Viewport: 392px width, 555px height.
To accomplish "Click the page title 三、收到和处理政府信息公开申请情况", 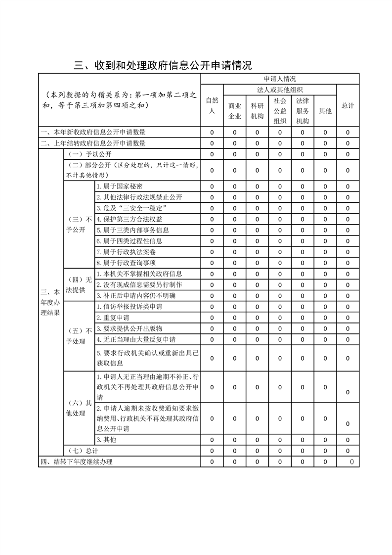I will (x=163, y=66).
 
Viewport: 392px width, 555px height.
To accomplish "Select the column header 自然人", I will (x=212, y=105).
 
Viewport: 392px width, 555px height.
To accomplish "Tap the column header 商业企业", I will (x=234, y=111).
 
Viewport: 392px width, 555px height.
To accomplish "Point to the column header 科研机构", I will (x=257, y=111).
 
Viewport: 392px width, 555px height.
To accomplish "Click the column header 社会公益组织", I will (x=280, y=111).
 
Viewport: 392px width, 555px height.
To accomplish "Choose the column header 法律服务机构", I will (x=303, y=111).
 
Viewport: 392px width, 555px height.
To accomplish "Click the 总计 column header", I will (x=348, y=105).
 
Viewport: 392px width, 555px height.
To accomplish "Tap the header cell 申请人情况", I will (x=280, y=79).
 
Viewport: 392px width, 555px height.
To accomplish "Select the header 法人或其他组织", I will (x=280, y=90).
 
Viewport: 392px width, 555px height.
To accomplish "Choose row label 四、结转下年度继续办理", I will (x=77, y=462).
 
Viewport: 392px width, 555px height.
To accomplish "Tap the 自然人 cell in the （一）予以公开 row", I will (x=212, y=154).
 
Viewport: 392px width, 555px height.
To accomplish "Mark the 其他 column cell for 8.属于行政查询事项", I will (x=325, y=263).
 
